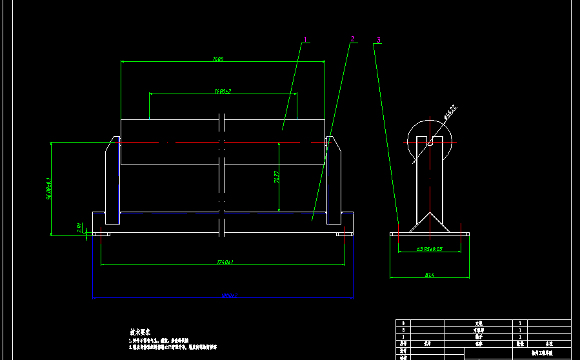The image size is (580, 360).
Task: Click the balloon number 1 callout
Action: click(x=305, y=39)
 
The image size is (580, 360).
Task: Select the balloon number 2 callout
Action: click(x=353, y=39)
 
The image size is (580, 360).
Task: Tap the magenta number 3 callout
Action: click(x=379, y=40)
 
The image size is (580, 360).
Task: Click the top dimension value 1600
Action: click(x=218, y=59)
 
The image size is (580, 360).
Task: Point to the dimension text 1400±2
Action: click(x=223, y=92)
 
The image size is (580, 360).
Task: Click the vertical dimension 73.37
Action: click(x=276, y=177)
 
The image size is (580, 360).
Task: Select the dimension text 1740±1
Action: click(x=225, y=262)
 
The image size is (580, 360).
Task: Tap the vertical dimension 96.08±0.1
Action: click(x=48, y=188)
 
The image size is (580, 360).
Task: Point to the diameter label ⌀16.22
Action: click(x=450, y=113)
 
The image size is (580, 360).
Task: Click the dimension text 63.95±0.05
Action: click(x=430, y=249)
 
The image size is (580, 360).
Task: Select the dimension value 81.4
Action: click(x=429, y=275)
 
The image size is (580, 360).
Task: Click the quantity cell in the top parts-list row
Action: click(x=520, y=323)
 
